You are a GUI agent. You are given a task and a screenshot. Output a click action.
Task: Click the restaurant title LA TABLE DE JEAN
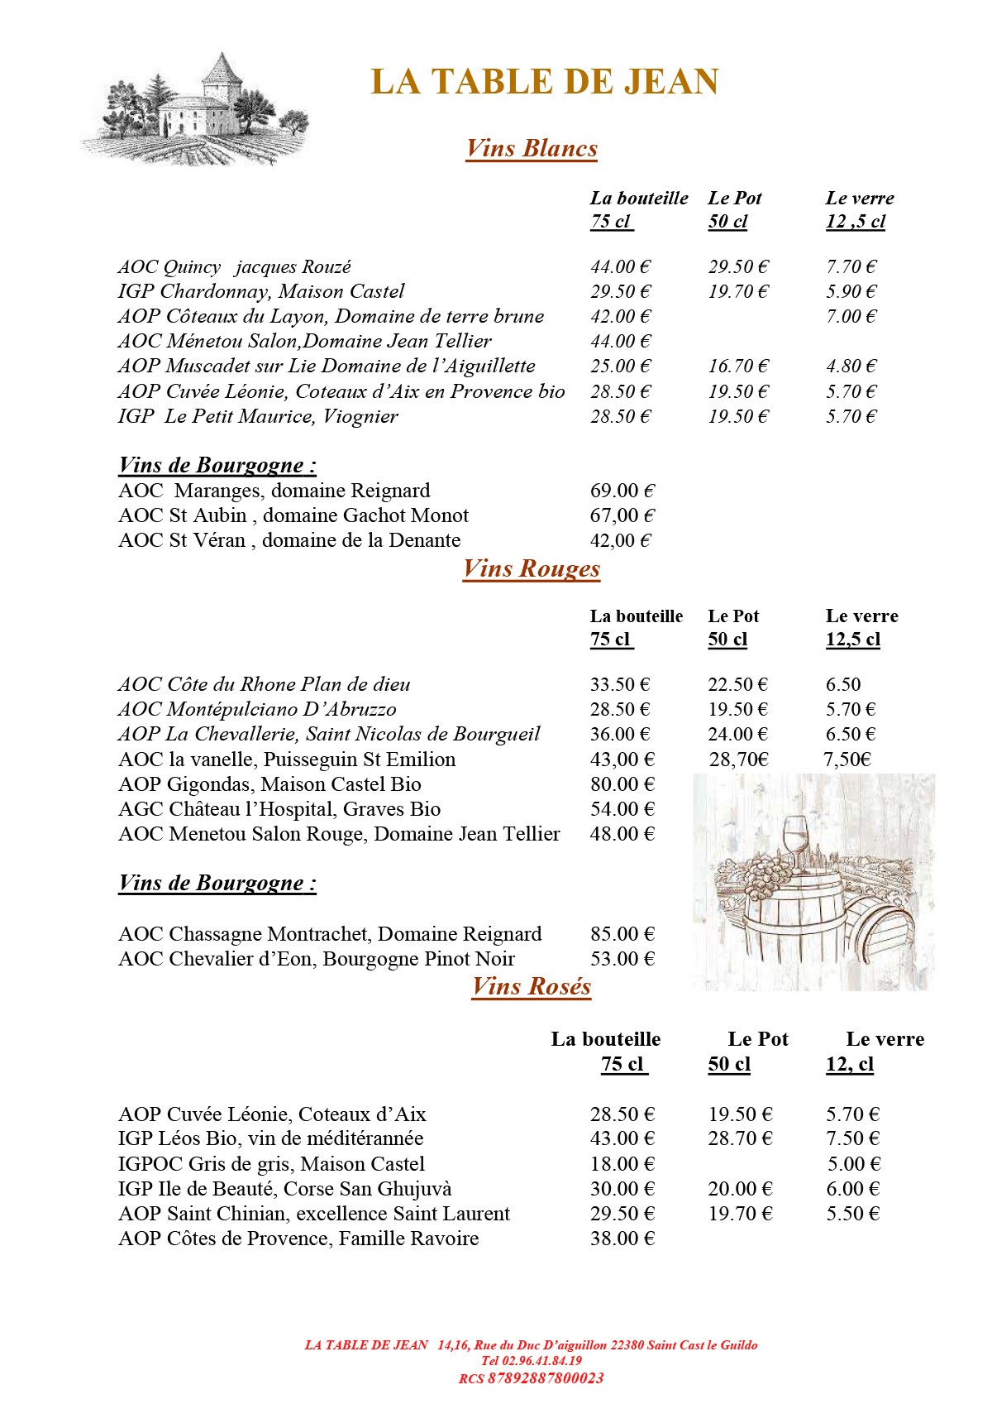point(545,82)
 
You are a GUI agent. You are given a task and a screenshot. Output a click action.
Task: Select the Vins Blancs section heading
point(532,148)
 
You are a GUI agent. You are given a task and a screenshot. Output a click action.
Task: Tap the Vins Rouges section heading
point(532,568)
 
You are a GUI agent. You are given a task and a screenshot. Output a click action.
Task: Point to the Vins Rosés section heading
point(532,986)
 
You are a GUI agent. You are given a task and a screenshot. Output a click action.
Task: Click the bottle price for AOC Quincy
point(620,266)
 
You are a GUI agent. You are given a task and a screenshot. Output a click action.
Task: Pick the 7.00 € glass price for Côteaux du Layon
point(851,316)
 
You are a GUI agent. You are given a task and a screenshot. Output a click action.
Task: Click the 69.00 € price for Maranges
point(622,491)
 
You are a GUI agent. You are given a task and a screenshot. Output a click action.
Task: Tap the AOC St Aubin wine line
point(293,515)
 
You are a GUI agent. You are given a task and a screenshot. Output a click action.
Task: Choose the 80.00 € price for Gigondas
point(622,784)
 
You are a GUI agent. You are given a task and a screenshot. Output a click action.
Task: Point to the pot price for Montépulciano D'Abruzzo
point(737,709)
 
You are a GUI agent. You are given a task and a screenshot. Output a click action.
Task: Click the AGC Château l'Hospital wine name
point(279,809)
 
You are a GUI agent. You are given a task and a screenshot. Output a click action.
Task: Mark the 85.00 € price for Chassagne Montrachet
point(622,934)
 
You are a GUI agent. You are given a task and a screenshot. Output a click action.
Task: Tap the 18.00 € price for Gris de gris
point(622,1164)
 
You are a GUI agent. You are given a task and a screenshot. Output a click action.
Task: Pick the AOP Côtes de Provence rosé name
point(298,1239)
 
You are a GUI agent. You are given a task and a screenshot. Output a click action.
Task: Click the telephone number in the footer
point(532,1360)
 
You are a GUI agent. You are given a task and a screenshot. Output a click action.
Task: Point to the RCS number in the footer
point(532,1378)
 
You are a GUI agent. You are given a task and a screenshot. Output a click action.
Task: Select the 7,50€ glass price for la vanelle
point(847,760)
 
